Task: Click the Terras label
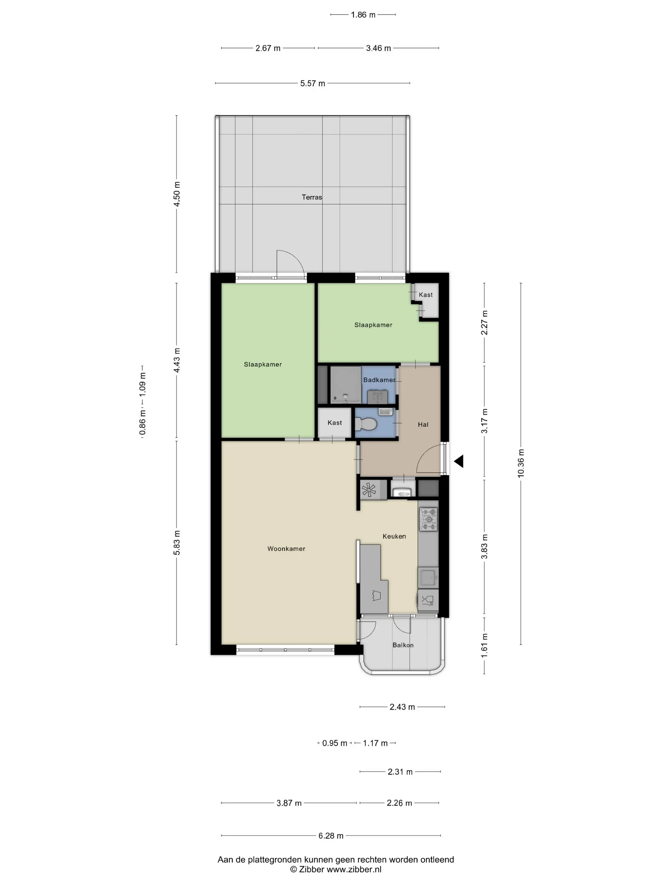pyautogui.click(x=312, y=197)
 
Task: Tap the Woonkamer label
pyautogui.click(x=286, y=549)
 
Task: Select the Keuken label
pyautogui.click(x=394, y=536)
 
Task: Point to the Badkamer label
pyautogui.click(x=379, y=380)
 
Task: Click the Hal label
pyautogui.click(x=423, y=424)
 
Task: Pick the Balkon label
pyautogui.click(x=403, y=645)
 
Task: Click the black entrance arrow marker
pyautogui.click(x=459, y=461)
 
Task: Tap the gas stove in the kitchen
pyautogui.click(x=428, y=519)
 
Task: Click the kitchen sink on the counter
pyautogui.click(x=428, y=577)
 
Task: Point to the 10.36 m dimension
pyautogui.click(x=521, y=463)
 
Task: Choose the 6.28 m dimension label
pyautogui.click(x=331, y=836)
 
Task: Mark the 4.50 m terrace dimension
pyautogui.click(x=176, y=194)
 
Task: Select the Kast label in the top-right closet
pyautogui.click(x=426, y=295)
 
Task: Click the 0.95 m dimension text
pyautogui.click(x=334, y=743)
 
